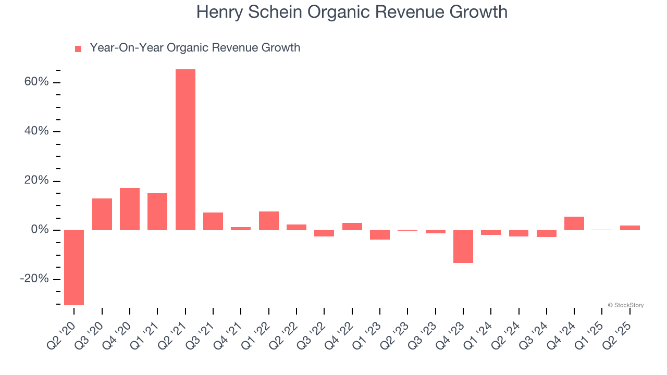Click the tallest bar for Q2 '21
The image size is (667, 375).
coord(185,149)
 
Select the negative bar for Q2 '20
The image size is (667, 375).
coord(74,267)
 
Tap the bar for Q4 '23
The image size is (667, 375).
coord(463,246)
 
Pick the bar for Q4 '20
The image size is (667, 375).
coord(130,209)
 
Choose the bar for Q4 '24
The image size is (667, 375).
coord(574,223)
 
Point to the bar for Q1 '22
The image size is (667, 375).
coord(268,221)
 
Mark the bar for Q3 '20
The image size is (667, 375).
coord(102,214)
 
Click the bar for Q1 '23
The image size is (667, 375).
coord(379,235)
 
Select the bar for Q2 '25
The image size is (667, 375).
coord(629,228)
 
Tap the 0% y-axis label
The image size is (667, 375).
coord(40,230)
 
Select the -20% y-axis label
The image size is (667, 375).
coord(34,279)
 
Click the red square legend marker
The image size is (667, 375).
coord(78,49)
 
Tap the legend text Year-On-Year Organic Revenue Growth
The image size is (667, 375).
coord(195,48)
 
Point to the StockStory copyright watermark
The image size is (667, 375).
coord(625,305)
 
